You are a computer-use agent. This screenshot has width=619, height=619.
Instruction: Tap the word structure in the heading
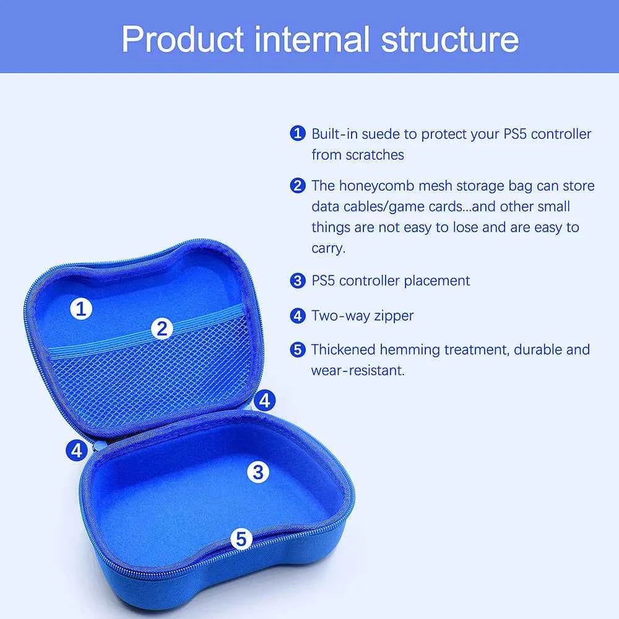(449, 38)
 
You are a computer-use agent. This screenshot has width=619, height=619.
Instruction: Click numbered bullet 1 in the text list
(298, 134)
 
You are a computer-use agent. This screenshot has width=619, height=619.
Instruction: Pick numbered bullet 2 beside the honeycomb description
(298, 185)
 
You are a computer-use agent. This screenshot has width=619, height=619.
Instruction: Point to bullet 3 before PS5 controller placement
(298, 280)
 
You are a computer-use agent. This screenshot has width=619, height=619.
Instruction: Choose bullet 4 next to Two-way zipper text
(298, 316)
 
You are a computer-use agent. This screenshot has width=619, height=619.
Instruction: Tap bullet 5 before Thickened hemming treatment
(298, 350)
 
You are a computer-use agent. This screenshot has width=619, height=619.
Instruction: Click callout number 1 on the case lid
(80, 308)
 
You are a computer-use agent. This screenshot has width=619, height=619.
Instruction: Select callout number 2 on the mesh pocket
(162, 328)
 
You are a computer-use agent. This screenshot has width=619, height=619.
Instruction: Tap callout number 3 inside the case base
(258, 472)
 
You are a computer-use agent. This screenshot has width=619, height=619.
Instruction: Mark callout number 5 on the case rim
(241, 539)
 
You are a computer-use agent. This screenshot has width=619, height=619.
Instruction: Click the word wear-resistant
(358, 370)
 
